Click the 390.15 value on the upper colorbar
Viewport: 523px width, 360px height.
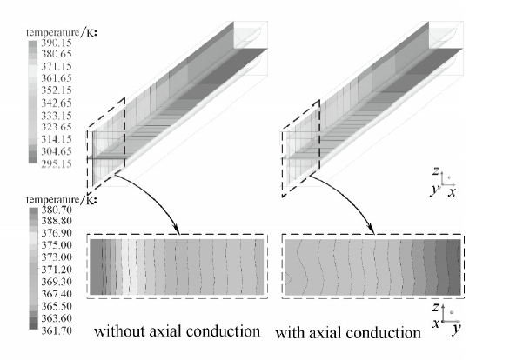click(57, 43)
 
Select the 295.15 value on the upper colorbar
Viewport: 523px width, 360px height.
click(57, 163)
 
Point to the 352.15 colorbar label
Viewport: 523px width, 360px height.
click(57, 90)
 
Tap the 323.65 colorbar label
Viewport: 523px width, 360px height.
click(57, 127)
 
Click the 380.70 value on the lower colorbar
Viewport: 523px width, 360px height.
click(57, 210)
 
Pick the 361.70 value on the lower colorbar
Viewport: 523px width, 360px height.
click(57, 330)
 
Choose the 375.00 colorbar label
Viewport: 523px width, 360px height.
click(57, 245)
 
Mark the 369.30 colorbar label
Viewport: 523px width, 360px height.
click(57, 282)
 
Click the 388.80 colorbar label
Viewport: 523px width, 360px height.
click(57, 221)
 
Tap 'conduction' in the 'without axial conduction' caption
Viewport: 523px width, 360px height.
click(223, 331)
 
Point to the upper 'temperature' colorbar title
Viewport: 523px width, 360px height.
click(53, 33)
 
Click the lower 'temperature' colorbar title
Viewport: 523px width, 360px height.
click(53, 200)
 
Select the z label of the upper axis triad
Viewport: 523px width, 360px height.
click(435, 171)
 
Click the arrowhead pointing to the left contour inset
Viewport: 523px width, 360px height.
click(177, 230)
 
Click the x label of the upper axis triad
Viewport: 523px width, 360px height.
click(452, 192)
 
